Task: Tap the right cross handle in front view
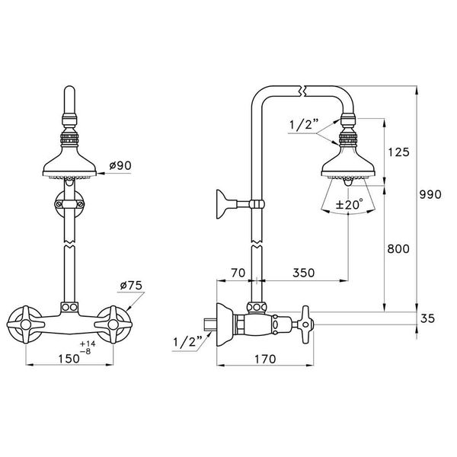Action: [119, 324]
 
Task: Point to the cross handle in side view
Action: [305, 323]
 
